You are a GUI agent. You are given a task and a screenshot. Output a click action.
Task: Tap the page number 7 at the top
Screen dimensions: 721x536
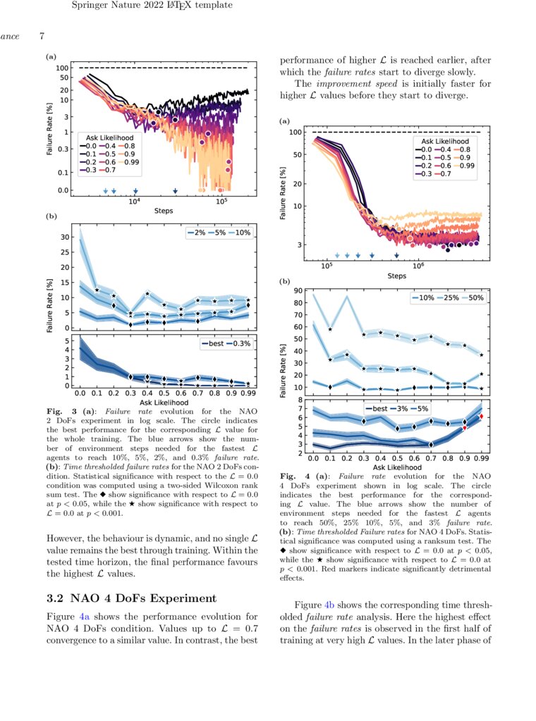pos(42,36)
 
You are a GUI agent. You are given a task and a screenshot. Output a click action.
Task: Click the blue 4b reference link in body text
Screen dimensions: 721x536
pos(330,605)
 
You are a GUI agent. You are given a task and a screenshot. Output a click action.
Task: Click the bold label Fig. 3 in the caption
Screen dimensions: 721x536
pos(56,410)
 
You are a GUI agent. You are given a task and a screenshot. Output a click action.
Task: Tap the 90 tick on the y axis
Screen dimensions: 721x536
pos(298,290)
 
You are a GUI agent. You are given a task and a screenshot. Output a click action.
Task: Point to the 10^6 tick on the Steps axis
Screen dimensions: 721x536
pos(418,266)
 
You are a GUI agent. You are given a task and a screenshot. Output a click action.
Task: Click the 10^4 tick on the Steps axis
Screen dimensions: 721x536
pos(134,201)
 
